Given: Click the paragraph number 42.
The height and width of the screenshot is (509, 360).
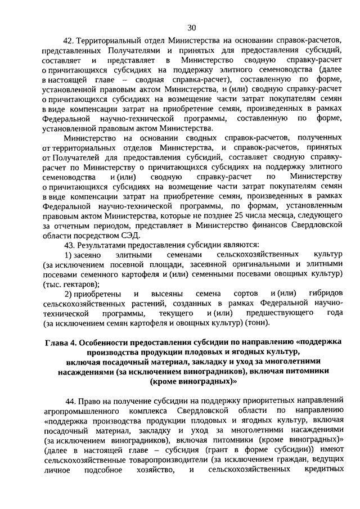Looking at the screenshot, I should point(69,41).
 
